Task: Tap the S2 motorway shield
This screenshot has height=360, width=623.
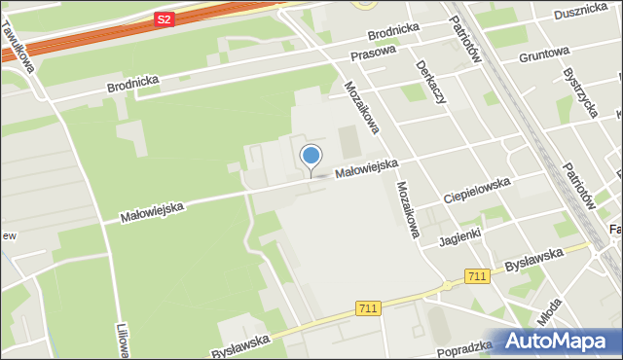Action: pyautogui.click(x=165, y=18)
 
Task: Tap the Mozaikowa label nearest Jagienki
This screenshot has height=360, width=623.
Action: pyautogui.click(x=408, y=210)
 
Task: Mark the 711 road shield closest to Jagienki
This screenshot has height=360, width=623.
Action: pyautogui.click(x=476, y=276)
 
